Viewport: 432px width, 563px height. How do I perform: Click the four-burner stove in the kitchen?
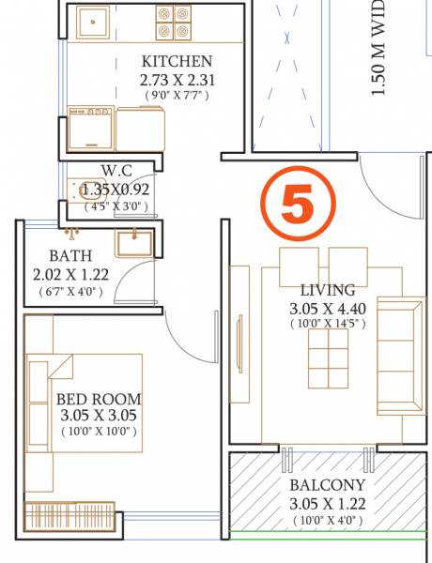(175, 23)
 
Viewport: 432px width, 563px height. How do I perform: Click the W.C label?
(116, 170)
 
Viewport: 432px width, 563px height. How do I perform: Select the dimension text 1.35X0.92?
(116, 188)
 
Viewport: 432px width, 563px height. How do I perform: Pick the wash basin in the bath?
(134, 242)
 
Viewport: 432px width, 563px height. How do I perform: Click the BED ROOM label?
(99, 399)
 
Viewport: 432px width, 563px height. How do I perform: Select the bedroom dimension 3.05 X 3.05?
(99, 416)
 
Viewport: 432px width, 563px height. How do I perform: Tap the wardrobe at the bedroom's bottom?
(70, 515)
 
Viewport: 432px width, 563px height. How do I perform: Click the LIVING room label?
(328, 290)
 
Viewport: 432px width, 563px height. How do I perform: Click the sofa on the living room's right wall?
(400, 357)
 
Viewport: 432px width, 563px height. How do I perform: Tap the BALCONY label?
(328, 485)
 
